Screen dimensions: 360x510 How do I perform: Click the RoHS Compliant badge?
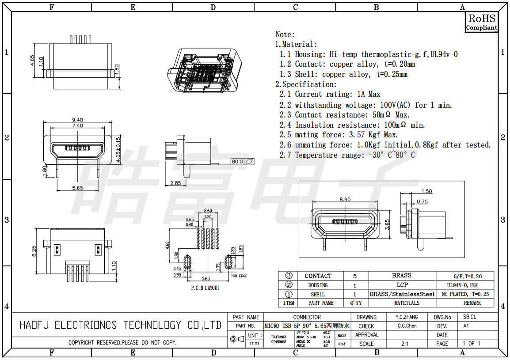tap(482, 22)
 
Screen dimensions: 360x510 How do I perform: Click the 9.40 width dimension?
tap(77, 120)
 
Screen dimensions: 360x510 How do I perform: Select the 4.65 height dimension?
tap(33, 60)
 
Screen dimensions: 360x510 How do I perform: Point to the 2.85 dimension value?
tap(175, 183)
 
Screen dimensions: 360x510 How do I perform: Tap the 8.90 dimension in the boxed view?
tap(345, 200)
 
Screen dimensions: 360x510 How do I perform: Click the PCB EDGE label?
tap(239, 276)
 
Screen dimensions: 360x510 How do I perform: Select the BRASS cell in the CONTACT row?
tap(401, 276)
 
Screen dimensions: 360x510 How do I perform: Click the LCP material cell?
tap(402, 285)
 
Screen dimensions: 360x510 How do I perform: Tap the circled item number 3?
tap(289, 276)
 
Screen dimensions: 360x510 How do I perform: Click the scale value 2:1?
tap(405, 344)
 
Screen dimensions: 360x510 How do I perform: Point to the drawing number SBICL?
tap(469, 317)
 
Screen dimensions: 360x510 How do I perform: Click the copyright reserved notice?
tap(122, 343)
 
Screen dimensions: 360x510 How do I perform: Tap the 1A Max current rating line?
tap(330, 94)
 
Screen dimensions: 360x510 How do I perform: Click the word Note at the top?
tap(285, 34)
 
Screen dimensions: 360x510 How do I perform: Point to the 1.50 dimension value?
tap(426, 191)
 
